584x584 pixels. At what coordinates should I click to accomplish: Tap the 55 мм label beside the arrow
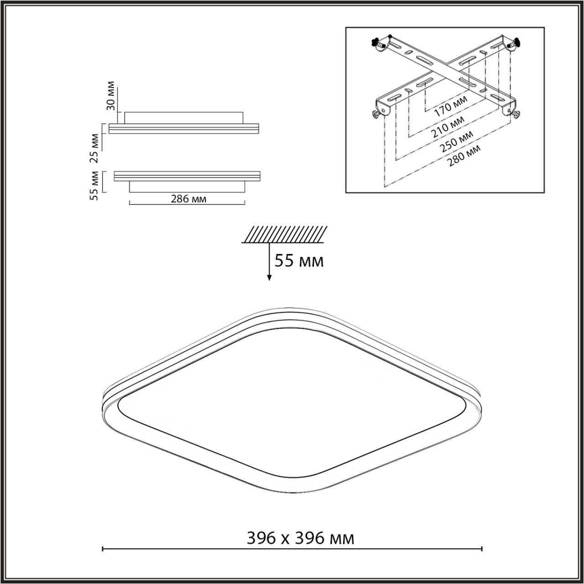coord(299,261)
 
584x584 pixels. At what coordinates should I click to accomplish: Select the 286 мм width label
coord(188,199)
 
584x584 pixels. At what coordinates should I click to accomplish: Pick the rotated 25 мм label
coord(94,148)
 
